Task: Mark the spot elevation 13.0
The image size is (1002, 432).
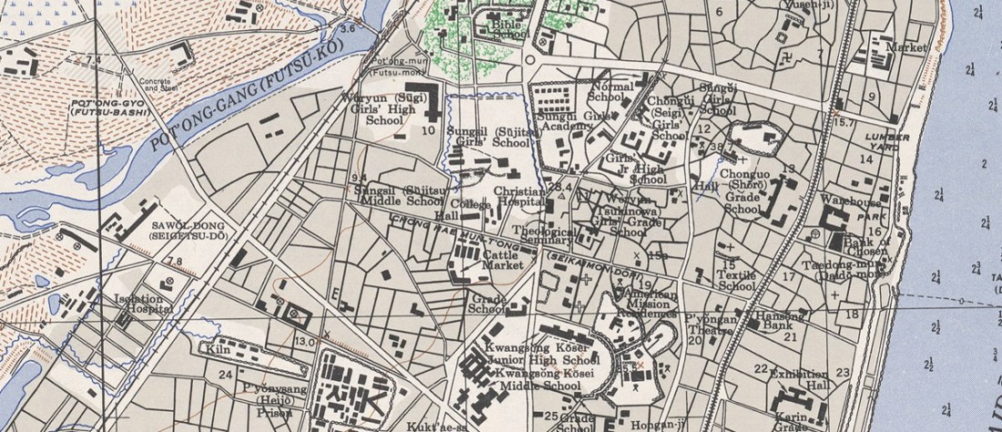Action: pyautogui.click(x=304, y=341)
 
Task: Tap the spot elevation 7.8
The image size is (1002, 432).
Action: pyautogui.click(x=174, y=262)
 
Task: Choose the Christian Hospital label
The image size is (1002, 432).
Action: pyautogui.click(x=518, y=198)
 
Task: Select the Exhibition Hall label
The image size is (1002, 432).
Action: pyautogui.click(x=799, y=379)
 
